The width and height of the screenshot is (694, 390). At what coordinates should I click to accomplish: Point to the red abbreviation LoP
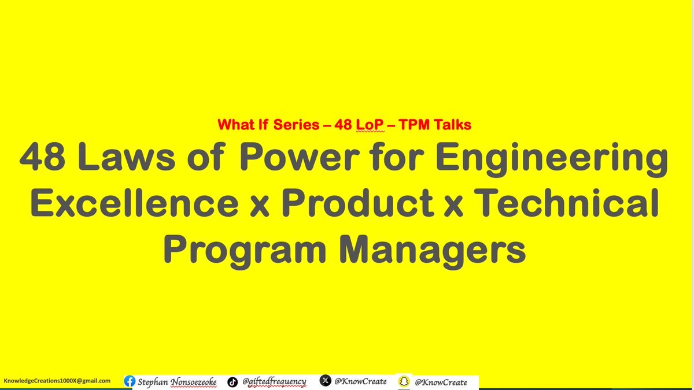tap(364, 124)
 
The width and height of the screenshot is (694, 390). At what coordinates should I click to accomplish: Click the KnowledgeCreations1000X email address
tap(57, 381)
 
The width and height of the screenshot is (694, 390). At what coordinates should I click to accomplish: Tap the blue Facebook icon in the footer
tap(131, 381)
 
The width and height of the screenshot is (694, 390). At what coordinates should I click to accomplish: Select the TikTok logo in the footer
tap(232, 381)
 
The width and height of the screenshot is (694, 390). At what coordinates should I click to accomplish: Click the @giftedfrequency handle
tap(274, 381)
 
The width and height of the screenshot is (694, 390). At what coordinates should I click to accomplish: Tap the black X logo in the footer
tap(326, 381)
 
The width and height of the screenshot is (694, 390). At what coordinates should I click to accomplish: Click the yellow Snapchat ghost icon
tap(405, 381)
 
